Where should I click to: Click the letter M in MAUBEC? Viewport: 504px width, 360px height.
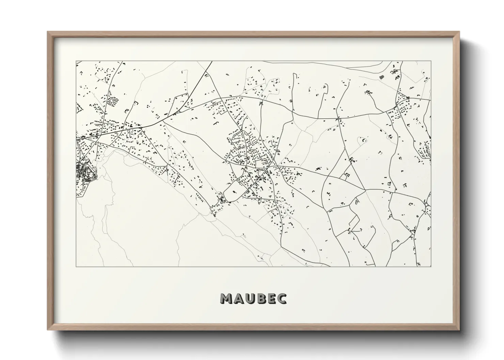[x=227, y=298]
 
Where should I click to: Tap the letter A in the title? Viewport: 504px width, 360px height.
[x=239, y=298]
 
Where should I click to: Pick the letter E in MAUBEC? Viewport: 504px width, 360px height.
[x=272, y=298]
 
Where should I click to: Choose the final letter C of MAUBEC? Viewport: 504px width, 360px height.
[x=282, y=298]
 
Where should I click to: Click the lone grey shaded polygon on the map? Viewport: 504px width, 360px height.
[x=381, y=77]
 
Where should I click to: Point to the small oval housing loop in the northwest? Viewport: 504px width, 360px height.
[x=113, y=101]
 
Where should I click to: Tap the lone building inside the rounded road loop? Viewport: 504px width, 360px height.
[x=234, y=192]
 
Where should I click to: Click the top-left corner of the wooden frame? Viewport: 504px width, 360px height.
[x=48, y=32]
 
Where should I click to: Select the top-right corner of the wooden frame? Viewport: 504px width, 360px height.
[x=459, y=32]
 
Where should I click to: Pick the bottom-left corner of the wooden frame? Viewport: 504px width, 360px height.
[x=48, y=330]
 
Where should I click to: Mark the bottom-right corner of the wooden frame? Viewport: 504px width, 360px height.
[x=459, y=330]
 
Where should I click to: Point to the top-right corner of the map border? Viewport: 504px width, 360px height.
[x=431, y=61]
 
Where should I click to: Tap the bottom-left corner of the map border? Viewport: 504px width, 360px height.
[x=76, y=266]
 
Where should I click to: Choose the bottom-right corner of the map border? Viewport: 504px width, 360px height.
[x=431, y=266]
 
